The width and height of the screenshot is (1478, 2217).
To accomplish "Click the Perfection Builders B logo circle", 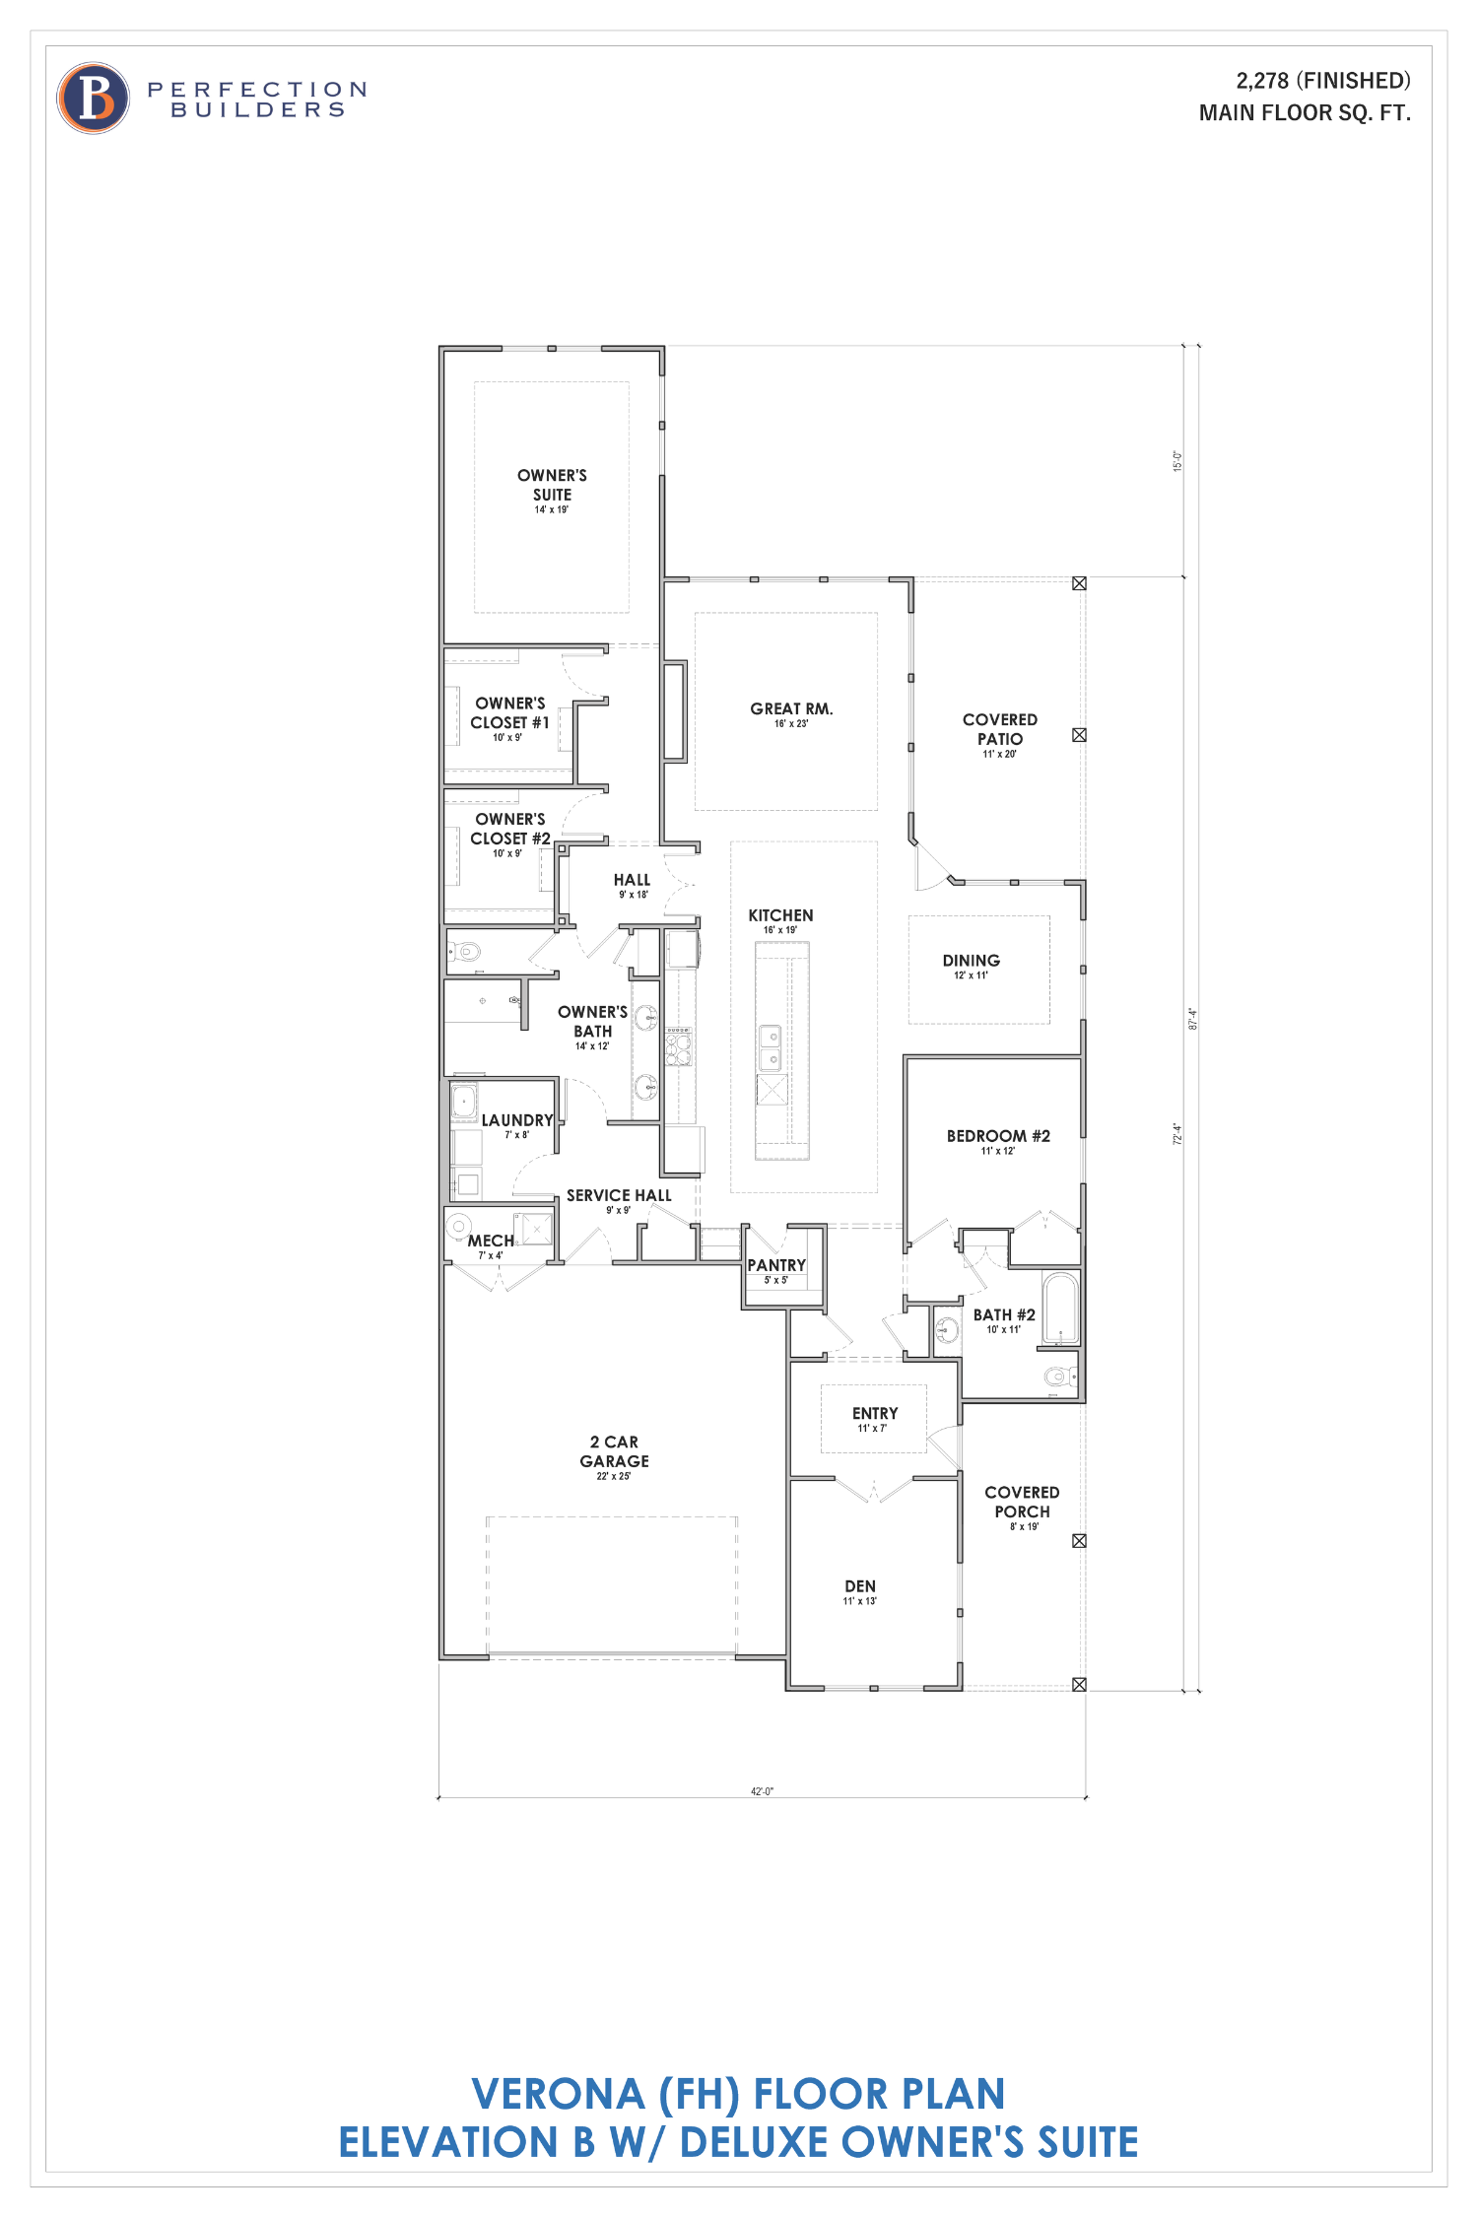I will tap(94, 99).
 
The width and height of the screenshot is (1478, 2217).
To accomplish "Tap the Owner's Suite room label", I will tap(552, 486).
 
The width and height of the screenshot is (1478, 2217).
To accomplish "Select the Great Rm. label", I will tap(791, 709).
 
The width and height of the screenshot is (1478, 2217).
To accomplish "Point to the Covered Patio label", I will tap(999, 730).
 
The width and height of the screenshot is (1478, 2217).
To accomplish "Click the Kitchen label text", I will tap(780, 916).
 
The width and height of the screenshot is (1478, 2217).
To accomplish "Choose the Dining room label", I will tap(971, 961).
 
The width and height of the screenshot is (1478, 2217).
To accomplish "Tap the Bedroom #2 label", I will tap(998, 1136).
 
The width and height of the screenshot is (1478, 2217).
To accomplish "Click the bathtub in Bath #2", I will tap(1061, 1309).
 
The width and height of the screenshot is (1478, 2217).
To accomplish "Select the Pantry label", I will tap(776, 1266).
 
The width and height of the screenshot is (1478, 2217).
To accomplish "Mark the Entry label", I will tap(875, 1414).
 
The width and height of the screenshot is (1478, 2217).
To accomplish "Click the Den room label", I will tap(860, 1586).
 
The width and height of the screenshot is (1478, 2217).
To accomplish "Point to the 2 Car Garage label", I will tap(614, 1451).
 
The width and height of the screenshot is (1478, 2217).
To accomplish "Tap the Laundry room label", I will tap(517, 1121).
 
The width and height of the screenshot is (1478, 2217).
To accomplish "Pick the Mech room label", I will tap(491, 1242).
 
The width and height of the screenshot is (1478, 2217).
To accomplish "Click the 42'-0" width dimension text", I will tap(762, 1791).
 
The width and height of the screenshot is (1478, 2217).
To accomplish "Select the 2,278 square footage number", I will tap(1261, 81).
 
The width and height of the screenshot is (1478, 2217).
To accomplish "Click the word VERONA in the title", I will tap(558, 2095).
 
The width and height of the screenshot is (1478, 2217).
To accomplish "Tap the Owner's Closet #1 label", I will tap(509, 713).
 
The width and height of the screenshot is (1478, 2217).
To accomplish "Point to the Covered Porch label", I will tap(1022, 1503).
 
